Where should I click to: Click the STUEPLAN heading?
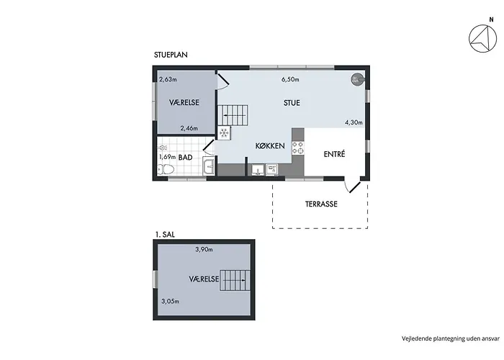point(171,55)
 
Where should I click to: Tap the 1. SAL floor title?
point(165,235)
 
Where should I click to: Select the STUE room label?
point(292,103)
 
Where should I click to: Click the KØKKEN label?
point(270,146)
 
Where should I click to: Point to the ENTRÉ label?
point(334,154)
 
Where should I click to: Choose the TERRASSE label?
point(321,204)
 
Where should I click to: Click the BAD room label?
point(186,157)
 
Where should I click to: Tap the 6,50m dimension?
point(290,79)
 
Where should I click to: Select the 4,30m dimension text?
point(354,122)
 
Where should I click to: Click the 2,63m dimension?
point(168,79)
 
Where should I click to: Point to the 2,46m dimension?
point(189,128)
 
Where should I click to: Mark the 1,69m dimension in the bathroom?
point(168,157)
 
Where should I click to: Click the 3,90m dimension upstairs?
point(204,249)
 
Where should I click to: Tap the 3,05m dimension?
point(171,302)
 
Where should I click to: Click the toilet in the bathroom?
point(166,169)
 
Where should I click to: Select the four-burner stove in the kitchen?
point(297,148)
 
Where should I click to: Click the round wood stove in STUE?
point(356,79)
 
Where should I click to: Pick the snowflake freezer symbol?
point(224,132)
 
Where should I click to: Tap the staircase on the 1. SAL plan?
point(235,280)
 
